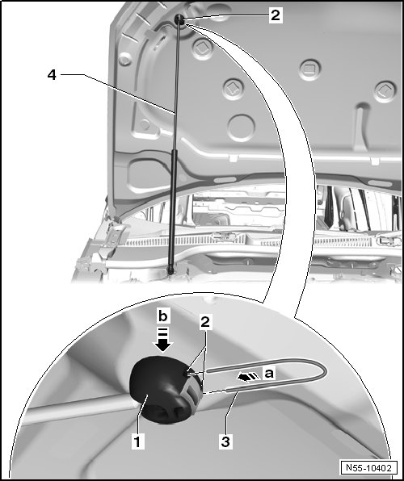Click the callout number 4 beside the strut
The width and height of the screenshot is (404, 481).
point(53,74)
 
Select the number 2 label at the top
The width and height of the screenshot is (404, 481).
point(276,15)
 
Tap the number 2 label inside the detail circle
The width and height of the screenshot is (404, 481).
point(205,322)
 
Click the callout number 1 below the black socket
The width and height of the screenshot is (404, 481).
point(137,442)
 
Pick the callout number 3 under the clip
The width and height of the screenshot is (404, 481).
point(225,442)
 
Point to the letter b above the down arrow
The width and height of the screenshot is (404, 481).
point(163,316)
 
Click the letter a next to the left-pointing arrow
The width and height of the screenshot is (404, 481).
point(268,374)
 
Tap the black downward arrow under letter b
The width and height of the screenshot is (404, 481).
point(163,340)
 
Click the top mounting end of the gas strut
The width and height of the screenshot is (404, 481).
point(179,19)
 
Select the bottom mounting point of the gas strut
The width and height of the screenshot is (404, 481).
point(170,270)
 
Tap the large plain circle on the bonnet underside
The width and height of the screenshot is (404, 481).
point(241,128)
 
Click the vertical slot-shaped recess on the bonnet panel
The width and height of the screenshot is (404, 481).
point(363,127)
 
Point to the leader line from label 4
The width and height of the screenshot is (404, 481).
point(118,94)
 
